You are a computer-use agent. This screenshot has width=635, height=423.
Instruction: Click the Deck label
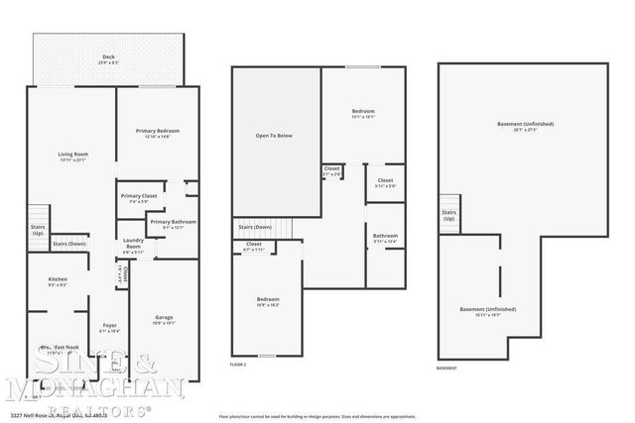[x=109, y=59]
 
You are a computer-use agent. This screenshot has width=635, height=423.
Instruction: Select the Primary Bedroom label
[x=158, y=134]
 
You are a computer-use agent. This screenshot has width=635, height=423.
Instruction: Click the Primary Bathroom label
[x=174, y=224]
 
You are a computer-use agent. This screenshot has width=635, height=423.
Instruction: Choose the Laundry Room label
[x=133, y=246]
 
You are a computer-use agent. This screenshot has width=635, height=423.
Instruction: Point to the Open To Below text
[x=275, y=136]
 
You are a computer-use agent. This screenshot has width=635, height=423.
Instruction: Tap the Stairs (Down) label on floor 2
[x=256, y=226]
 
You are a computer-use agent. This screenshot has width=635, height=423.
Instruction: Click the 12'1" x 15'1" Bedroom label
[x=364, y=112]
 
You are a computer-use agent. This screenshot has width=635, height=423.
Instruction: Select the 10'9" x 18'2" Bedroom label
[x=268, y=301]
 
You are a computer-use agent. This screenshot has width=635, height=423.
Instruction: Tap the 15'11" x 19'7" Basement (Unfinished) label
[x=487, y=311]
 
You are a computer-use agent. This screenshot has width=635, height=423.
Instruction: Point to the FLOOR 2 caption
[x=238, y=364]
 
